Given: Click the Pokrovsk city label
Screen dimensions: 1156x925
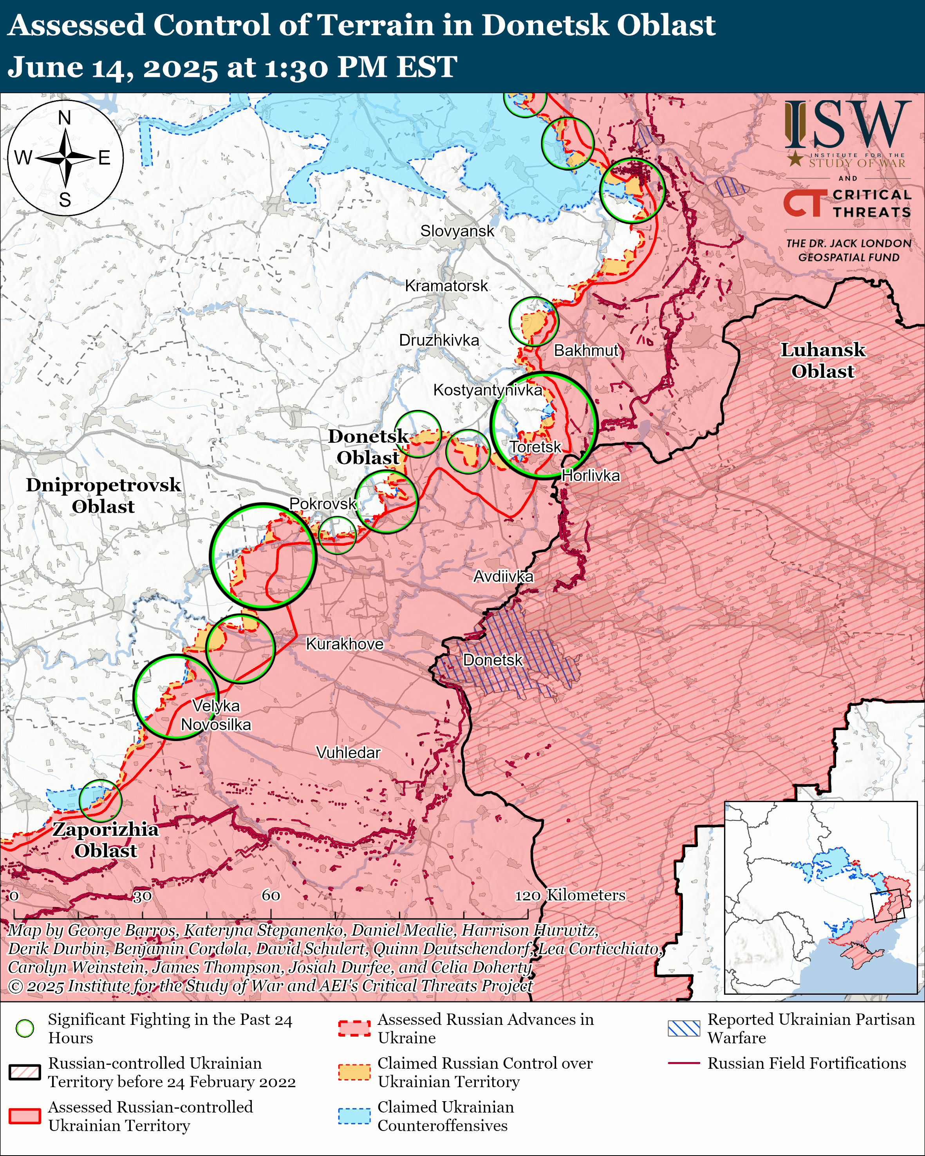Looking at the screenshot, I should tap(322, 503).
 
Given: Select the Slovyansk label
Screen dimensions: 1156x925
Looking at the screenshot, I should tap(457, 231).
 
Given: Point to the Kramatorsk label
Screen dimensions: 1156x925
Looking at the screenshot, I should tap(446, 286).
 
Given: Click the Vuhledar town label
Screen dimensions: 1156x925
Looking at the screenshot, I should tap(348, 752).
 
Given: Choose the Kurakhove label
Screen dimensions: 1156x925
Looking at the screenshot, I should tap(344, 644).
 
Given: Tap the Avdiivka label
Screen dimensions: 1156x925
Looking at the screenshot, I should tap(503, 576).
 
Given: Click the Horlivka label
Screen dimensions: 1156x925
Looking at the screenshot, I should tap(591, 475).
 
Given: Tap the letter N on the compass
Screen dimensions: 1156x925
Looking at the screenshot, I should tap(64, 117).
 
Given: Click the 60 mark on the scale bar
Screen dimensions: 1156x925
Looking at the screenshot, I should tap(271, 895).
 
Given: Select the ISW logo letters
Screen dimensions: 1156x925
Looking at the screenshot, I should tap(847, 126).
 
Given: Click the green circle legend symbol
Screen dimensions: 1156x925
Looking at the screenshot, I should tap(25, 1028).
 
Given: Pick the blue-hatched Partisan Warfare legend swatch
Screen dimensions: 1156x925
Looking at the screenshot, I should tap(684, 1028).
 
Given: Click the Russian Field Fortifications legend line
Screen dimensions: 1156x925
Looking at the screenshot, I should tap(684, 1063).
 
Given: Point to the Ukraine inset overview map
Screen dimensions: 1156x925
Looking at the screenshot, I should tap(820, 898).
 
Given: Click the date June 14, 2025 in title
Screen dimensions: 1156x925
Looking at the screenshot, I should tap(113, 68).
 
